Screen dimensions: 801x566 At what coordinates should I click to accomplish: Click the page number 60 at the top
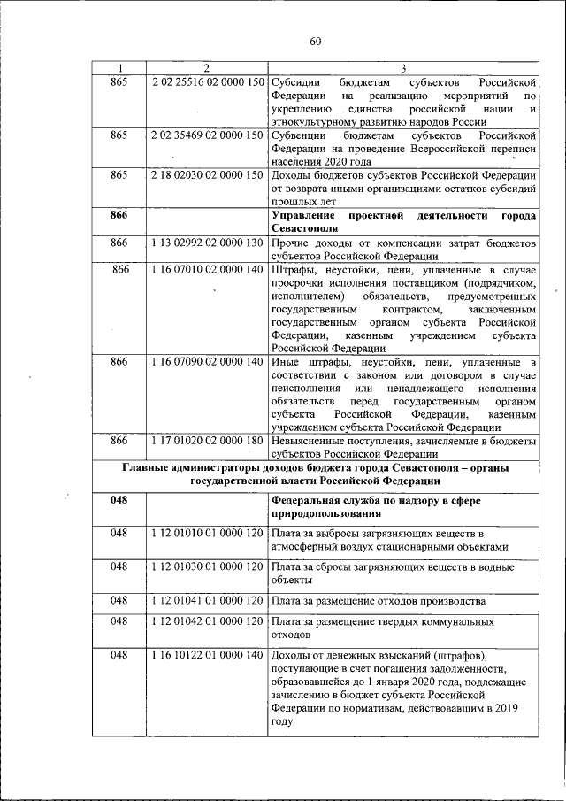click(316, 41)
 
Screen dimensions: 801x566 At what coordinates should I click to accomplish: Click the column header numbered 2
click(206, 69)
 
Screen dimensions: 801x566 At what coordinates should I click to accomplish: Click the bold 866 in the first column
click(119, 216)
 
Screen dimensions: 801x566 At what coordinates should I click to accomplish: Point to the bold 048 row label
click(119, 500)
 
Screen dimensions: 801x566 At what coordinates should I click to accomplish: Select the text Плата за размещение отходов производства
click(379, 600)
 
